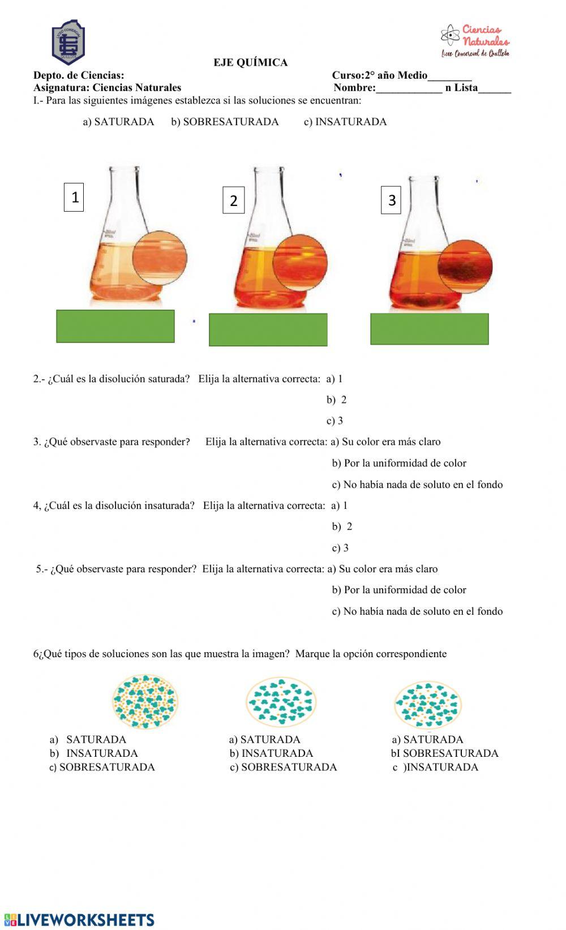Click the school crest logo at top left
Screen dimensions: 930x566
(68, 42)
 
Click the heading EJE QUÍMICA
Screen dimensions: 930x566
(250, 63)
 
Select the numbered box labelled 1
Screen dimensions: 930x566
(74, 197)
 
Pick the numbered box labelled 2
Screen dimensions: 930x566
(233, 200)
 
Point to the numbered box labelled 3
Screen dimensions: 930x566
(392, 200)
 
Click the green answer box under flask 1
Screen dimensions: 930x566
(115, 326)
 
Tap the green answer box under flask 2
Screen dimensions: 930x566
(268, 329)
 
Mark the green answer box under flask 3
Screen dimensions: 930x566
(430, 329)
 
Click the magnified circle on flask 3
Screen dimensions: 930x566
(465, 267)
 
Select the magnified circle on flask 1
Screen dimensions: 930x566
(160, 258)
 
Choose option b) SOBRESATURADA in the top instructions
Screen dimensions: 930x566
(225, 122)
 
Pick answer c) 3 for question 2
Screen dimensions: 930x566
(335, 421)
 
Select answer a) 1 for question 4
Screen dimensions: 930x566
(340, 505)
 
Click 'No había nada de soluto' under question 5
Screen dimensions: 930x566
(417, 611)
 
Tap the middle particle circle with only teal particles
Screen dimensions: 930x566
(281, 702)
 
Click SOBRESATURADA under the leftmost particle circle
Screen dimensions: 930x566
(102, 767)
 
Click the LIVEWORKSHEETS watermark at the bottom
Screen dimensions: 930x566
(79, 919)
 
